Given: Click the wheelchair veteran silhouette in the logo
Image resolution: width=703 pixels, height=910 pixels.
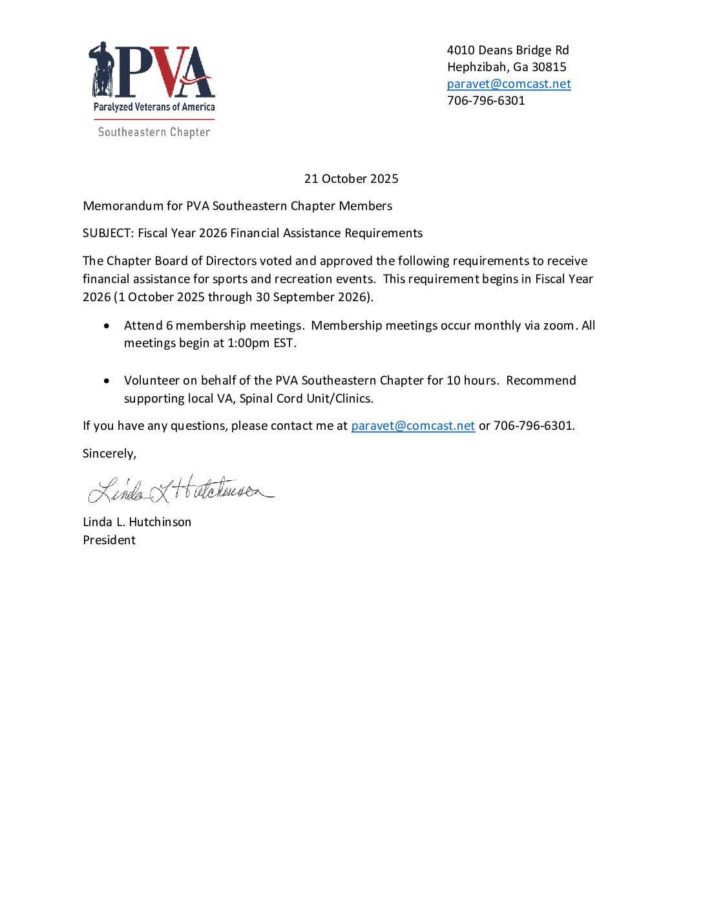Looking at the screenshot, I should click(x=102, y=70).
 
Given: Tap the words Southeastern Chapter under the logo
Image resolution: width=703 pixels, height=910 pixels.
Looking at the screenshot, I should click(x=154, y=132).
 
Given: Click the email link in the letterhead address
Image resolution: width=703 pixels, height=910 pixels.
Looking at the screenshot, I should click(x=509, y=84).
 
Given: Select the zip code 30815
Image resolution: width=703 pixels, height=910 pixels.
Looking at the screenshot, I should click(x=549, y=67).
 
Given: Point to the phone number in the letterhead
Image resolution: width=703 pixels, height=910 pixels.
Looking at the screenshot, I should click(x=486, y=101).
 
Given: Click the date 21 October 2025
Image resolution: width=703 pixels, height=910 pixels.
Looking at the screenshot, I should click(x=351, y=179).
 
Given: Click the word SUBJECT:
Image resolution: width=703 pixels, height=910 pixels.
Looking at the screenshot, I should click(x=108, y=233).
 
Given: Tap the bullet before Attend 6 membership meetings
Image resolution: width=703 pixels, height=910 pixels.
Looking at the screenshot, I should click(x=107, y=326).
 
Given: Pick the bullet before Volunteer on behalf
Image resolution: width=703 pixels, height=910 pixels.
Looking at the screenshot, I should click(x=107, y=381).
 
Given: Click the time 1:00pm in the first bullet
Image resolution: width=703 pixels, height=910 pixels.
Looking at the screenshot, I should click(x=248, y=343).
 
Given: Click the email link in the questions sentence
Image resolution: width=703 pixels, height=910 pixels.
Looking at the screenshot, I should click(x=413, y=426).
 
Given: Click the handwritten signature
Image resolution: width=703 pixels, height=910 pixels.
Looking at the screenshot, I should click(x=180, y=490).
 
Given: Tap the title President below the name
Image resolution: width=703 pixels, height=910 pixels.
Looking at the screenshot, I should click(x=109, y=540).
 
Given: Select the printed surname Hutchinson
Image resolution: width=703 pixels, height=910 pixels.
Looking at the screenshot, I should click(x=160, y=522).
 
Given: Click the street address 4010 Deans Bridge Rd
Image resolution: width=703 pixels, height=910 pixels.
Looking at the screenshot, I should click(x=508, y=50).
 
